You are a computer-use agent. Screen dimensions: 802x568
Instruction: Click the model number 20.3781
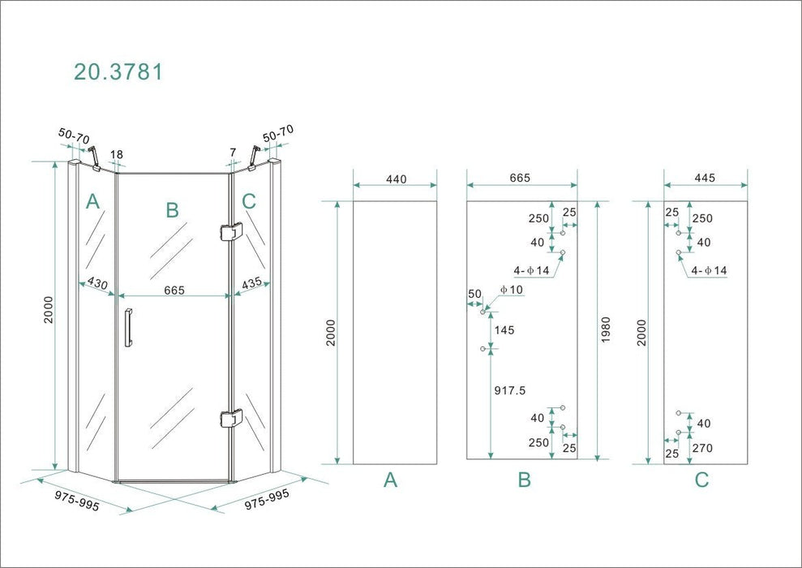tap(118, 71)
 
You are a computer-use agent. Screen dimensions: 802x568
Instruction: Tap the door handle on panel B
tap(128, 328)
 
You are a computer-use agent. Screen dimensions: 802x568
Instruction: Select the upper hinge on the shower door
tap(230, 231)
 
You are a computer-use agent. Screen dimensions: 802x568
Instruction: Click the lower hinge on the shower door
tap(230, 418)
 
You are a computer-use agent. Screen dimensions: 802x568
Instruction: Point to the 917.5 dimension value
tap(510, 390)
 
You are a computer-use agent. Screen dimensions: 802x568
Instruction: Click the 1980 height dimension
tap(606, 330)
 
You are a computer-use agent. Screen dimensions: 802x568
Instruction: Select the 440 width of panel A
tap(396, 179)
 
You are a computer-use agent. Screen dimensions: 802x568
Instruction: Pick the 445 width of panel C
tap(705, 178)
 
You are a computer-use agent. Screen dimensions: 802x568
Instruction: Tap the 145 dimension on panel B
tap(504, 330)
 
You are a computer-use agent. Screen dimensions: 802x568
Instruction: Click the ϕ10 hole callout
tap(512, 290)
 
